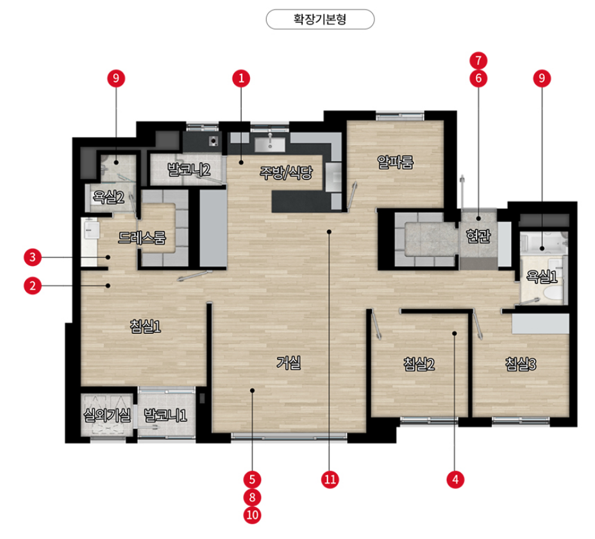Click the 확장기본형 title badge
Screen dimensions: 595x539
(320, 19)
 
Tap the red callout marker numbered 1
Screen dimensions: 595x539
(241, 79)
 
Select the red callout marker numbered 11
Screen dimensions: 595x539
(330, 479)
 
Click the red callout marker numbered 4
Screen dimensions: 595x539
(455, 479)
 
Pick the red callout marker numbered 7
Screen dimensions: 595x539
(478, 60)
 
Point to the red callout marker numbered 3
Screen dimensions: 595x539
(32, 257)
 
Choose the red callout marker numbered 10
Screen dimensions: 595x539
(252, 515)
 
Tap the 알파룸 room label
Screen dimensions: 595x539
(395, 162)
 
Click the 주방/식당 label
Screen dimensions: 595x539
(286, 172)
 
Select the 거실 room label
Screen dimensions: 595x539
(289, 363)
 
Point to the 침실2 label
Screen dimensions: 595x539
(419, 364)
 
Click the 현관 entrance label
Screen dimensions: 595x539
(478, 236)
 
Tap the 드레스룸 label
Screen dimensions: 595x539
(142, 238)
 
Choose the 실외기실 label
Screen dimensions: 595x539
(107, 415)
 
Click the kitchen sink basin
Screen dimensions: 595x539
(270, 144)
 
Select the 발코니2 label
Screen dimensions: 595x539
(189, 170)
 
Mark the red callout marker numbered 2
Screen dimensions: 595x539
(32, 285)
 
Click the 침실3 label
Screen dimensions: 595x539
(521, 364)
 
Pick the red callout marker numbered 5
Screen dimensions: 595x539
(252, 479)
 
